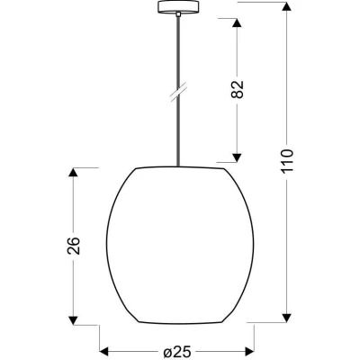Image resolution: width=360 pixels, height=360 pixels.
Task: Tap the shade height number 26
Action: (x=74, y=245)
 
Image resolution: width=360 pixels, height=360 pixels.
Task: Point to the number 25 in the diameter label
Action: (x=184, y=351)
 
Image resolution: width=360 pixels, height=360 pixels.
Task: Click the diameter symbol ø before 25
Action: (x=169, y=351)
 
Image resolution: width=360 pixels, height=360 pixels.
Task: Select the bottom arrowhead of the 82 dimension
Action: (x=238, y=157)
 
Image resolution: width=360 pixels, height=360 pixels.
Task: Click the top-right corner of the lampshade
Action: (x=220, y=168)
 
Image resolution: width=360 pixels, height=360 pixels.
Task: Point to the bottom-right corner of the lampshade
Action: (x=222, y=322)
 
